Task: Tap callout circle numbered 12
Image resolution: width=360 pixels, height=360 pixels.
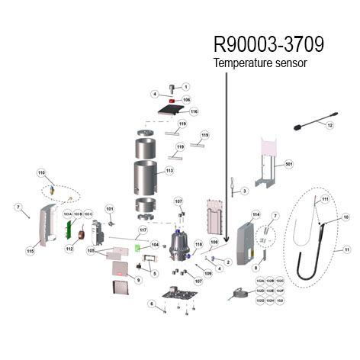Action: click(330, 124)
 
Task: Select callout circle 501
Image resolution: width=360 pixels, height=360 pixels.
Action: click(289, 164)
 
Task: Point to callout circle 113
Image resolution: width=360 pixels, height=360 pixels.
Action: click(169, 171)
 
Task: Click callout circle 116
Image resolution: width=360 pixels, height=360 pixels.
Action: click(194, 111)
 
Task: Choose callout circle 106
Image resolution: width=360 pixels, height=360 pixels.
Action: click(186, 100)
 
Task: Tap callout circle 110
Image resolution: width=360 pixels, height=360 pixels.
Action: click(42, 174)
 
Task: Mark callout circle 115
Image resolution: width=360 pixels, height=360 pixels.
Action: click(31, 250)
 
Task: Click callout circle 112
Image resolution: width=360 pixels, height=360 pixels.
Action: click(69, 249)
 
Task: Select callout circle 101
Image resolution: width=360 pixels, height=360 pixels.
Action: click(109, 208)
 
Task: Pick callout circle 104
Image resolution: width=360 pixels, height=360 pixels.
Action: click(155, 245)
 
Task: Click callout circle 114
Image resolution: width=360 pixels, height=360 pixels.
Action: click(256, 214)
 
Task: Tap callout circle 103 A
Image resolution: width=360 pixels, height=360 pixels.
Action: click(67, 216)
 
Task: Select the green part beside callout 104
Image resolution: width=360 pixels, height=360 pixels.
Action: click(138, 246)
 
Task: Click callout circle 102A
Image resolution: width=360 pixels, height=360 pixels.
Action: click(260, 281)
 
